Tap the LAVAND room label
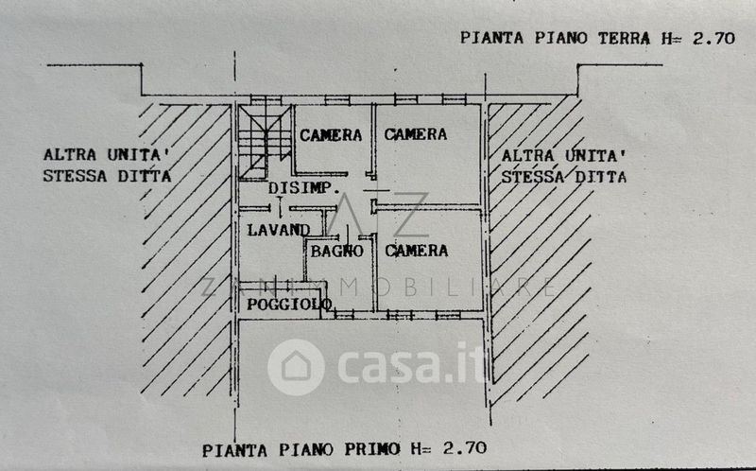[279, 230]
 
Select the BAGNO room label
[336, 251]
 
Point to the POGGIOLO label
[289, 304]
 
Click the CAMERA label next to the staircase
[331, 135]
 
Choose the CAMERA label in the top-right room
[416, 134]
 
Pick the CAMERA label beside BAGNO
[417, 251]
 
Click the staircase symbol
[265, 143]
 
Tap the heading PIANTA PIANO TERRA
[556, 38]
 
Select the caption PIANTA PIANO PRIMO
[301, 450]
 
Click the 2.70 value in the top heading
[713, 38]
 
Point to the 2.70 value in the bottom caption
[465, 448]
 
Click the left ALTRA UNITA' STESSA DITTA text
[107, 166]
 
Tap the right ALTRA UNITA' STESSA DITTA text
[563, 166]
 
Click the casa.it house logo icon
[296, 367]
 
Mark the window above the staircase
[266, 100]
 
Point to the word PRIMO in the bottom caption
[371, 449]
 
